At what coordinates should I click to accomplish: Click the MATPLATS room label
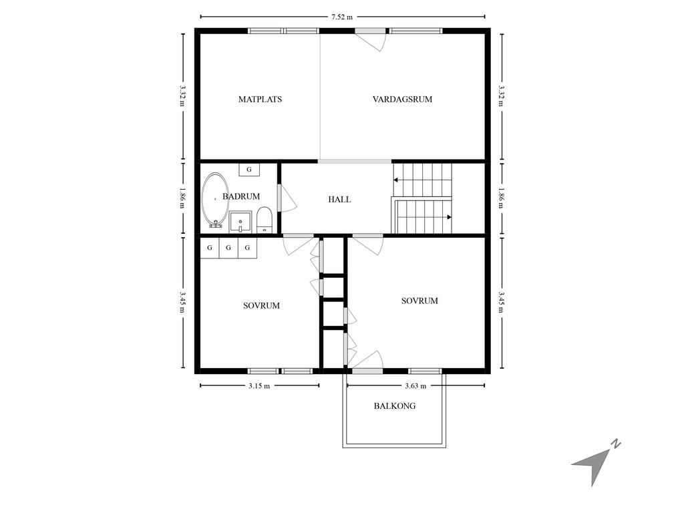260,100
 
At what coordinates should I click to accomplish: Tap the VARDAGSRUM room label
402,100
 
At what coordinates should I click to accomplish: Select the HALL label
339,199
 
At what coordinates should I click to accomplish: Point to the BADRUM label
241,196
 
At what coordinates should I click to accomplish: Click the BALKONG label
394,405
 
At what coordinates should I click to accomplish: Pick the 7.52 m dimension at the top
342,17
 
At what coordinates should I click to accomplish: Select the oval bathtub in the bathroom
214,199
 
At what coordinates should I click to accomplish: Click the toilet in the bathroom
265,220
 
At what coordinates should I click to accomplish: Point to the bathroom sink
240,221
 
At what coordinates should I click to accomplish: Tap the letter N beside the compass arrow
617,443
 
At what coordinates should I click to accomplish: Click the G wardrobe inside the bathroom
249,170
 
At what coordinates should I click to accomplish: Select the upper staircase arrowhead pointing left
396,179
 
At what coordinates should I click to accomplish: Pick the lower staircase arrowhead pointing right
449,217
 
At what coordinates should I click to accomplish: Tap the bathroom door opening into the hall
287,198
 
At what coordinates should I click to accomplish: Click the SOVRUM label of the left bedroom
261,306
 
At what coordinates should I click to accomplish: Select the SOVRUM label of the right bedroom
419,301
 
